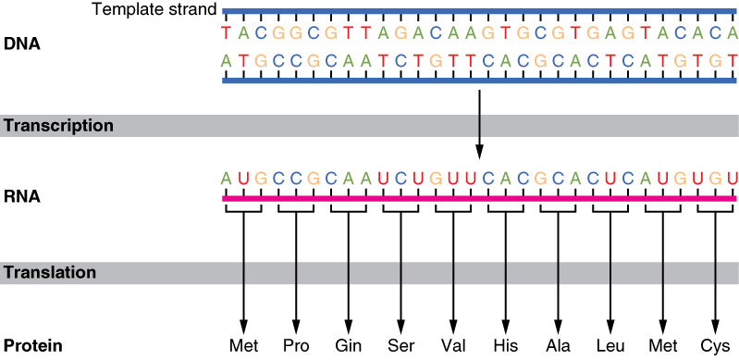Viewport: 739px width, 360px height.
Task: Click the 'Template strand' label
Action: (x=155, y=10)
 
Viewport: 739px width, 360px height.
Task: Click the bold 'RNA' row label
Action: (x=20, y=197)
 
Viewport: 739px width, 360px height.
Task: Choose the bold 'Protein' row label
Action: (x=31, y=347)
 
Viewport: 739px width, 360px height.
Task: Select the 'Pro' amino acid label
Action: (x=296, y=347)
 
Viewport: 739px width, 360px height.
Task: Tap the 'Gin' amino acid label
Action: (x=348, y=347)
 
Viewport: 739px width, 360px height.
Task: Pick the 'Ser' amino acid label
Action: (x=400, y=347)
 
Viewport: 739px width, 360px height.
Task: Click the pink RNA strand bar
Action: (x=479, y=198)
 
